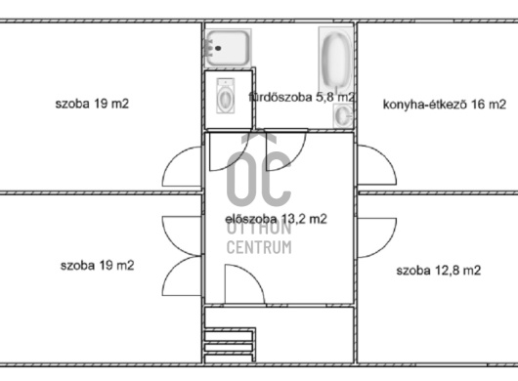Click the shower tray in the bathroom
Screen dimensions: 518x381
(x=228, y=48)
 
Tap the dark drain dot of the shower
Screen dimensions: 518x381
(x=218, y=49)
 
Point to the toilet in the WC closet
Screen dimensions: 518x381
(x=226, y=96)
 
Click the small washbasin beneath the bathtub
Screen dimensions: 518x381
(x=343, y=115)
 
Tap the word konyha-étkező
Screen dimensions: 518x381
(x=424, y=105)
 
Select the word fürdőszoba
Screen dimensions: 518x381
(x=281, y=98)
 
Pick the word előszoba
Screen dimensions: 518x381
(x=251, y=219)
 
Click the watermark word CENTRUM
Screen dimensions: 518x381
(x=259, y=247)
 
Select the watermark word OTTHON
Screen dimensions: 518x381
(x=259, y=229)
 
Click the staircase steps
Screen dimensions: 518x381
(x=230, y=346)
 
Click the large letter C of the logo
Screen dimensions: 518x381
(x=277, y=178)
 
